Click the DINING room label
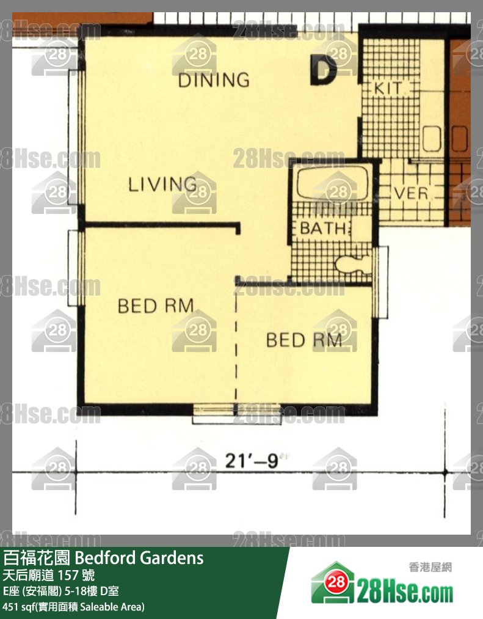click(x=214, y=80)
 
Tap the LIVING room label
click(x=162, y=184)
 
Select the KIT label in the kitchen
click(x=388, y=89)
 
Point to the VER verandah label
click(x=411, y=194)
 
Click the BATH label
click(x=324, y=228)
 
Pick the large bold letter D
click(x=323, y=70)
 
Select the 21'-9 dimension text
click(x=252, y=461)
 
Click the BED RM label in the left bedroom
click(x=156, y=306)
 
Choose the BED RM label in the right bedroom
click(x=304, y=340)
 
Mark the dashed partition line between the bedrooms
click(x=236, y=348)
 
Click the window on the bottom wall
click(x=236, y=414)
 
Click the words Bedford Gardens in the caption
click(x=139, y=558)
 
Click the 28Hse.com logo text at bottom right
click(x=405, y=590)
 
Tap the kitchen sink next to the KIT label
click(x=432, y=138)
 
